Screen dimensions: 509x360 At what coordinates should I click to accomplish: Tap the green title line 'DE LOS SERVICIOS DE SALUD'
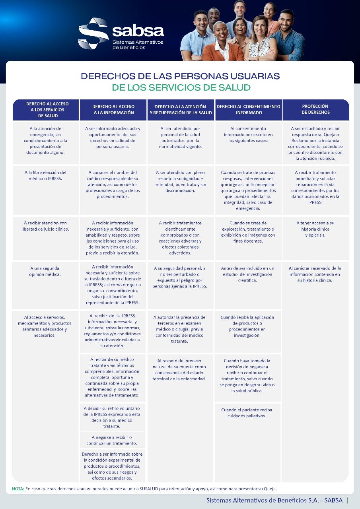[181, 87]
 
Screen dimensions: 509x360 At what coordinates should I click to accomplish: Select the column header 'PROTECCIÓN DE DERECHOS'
[315, 109]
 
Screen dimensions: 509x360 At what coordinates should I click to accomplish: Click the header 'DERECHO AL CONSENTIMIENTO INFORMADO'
[248, 109]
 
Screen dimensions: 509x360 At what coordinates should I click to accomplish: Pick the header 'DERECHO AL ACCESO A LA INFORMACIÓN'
[113, 109]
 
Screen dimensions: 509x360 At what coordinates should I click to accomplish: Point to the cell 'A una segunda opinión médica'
[45, 271]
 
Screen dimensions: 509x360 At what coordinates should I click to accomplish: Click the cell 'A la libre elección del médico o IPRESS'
[45, 175]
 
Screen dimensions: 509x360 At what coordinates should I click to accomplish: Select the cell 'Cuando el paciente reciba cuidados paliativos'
[247, 413]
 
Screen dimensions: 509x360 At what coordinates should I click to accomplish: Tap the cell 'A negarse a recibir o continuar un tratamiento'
[112, 440]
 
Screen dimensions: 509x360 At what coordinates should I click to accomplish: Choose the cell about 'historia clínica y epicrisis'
[315, 229]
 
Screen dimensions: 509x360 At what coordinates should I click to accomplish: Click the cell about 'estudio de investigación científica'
[247, 274]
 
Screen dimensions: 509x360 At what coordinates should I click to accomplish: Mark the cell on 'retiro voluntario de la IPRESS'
[112, 417]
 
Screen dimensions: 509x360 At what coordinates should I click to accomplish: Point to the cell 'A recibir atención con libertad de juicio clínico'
[45, 226]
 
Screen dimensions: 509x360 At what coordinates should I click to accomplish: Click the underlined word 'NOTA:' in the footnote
[18, 489]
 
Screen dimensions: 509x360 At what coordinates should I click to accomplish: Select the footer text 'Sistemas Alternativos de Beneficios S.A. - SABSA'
[274, 501]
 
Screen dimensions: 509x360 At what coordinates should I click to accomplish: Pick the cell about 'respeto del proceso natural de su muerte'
[179, 370]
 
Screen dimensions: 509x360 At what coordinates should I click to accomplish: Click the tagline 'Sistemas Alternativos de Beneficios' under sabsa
[138, 45]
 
